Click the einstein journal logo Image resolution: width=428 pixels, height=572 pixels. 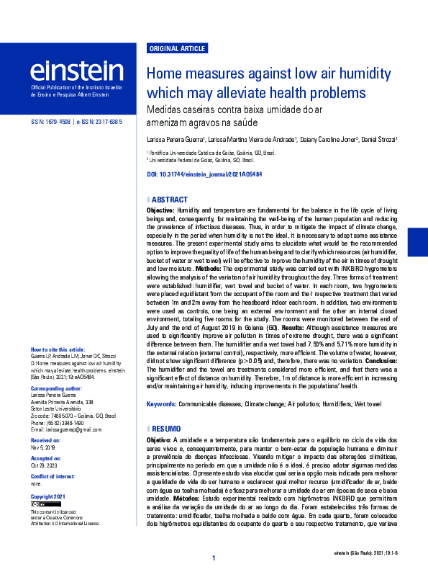(x=76, y=71)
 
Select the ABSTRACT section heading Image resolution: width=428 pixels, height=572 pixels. (x=170, y=199)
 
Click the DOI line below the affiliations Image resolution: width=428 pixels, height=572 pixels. (x=204, y=174)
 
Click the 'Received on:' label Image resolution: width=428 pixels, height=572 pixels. (x=45, y=439)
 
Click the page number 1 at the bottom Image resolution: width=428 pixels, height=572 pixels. (x=214, y=558)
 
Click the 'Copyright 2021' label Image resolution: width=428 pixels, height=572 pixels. (x=47, y=497)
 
